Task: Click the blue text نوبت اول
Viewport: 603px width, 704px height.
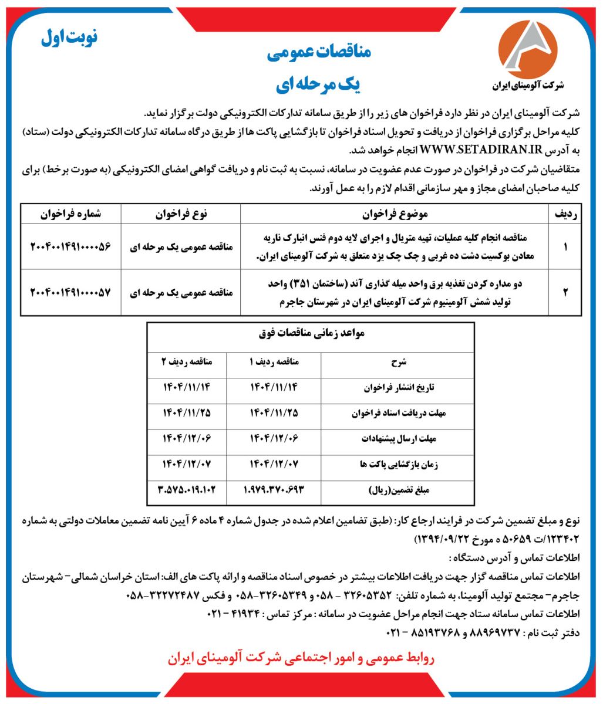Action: point(70,38)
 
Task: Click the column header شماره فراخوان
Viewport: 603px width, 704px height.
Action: point(71,215)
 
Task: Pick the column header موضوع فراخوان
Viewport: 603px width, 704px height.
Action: point(392,215)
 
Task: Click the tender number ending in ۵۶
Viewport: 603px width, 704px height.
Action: point(70,247)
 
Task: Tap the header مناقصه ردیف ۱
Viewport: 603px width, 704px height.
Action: point(275,362)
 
